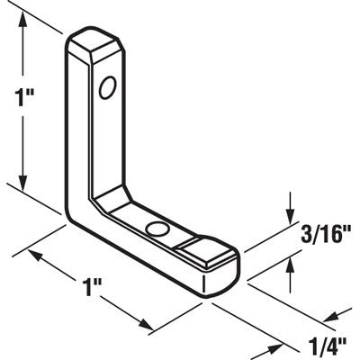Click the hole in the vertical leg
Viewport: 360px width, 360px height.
[108, 87]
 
